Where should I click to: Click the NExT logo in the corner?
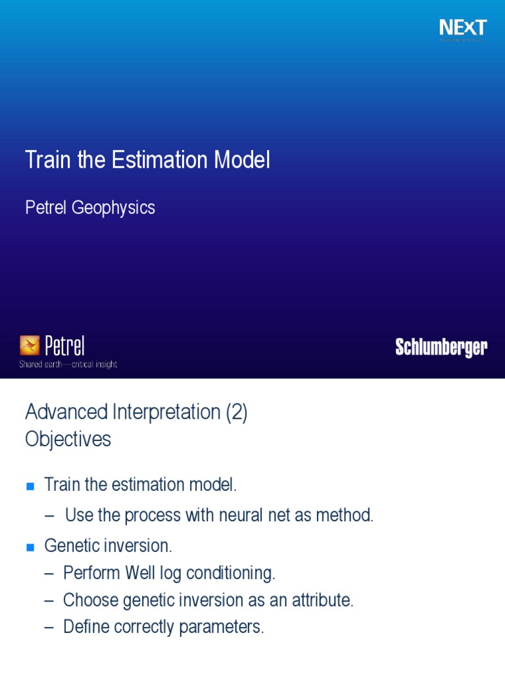pyautogui.click(x=463, y=28)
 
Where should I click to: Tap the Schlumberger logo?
pyautogui.click(x=441, y=348)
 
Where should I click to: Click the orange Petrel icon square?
pyautogui.click(x=30, y=345)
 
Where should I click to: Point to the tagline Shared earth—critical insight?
pyautogui.click(x=68, y=364)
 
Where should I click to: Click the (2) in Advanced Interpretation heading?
pyautogui.click(x=236, y=413)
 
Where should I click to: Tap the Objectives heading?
pyautogui.click(x=68, y=439)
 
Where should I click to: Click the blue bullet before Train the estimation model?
pyautogui.click(x=29, y=486)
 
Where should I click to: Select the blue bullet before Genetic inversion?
pyautogui.click(x=29, y=547)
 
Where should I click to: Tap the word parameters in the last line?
pyautogui.click(x=227, y=627)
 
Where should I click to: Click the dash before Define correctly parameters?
pyautogui.click(x=49, y=627)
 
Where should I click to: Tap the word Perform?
pyautogui.click(x=87, y=573)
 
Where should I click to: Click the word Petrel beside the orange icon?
pyautogui.click(x=65, y=345)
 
